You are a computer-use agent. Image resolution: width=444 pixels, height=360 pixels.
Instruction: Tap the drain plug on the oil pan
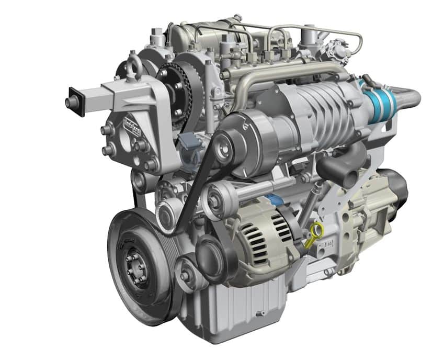pyautogui.click(x=258, y=314)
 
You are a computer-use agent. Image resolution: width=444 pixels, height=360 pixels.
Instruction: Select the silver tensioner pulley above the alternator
pyautogui.click(x=215, y=199)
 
